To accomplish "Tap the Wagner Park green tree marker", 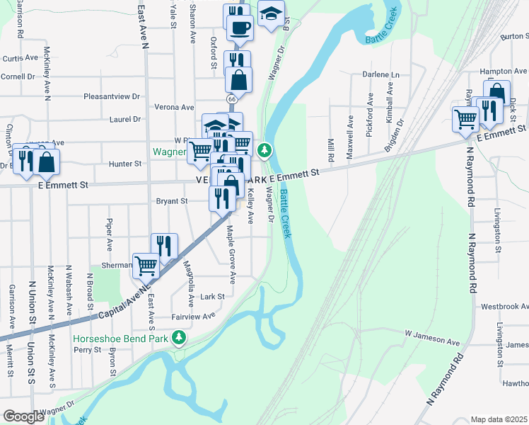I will click(264, 150).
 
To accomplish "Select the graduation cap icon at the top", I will click(270, 14).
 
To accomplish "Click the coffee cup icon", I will click(240, 28).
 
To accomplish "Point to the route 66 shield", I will click(232, 100).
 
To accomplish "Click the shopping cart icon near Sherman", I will click(146, 266).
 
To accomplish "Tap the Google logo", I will click(23, 416).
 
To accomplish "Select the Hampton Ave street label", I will click(504, 72).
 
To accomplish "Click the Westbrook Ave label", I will click(504, 307).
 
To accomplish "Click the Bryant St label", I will click(173, 201).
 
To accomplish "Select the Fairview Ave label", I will click(193, 317).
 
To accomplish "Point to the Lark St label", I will click(212, 297).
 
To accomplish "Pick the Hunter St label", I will click(127, 164).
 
